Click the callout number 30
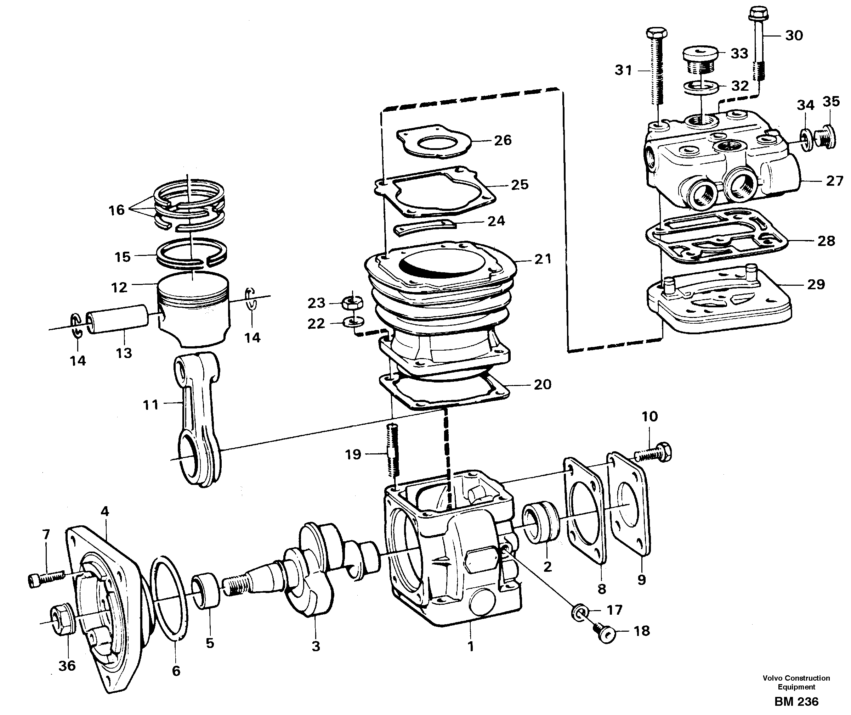point(794,36)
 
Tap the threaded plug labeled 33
point(700,59)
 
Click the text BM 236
point(796,702)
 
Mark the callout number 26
point(503,140)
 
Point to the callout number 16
point(116,210)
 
